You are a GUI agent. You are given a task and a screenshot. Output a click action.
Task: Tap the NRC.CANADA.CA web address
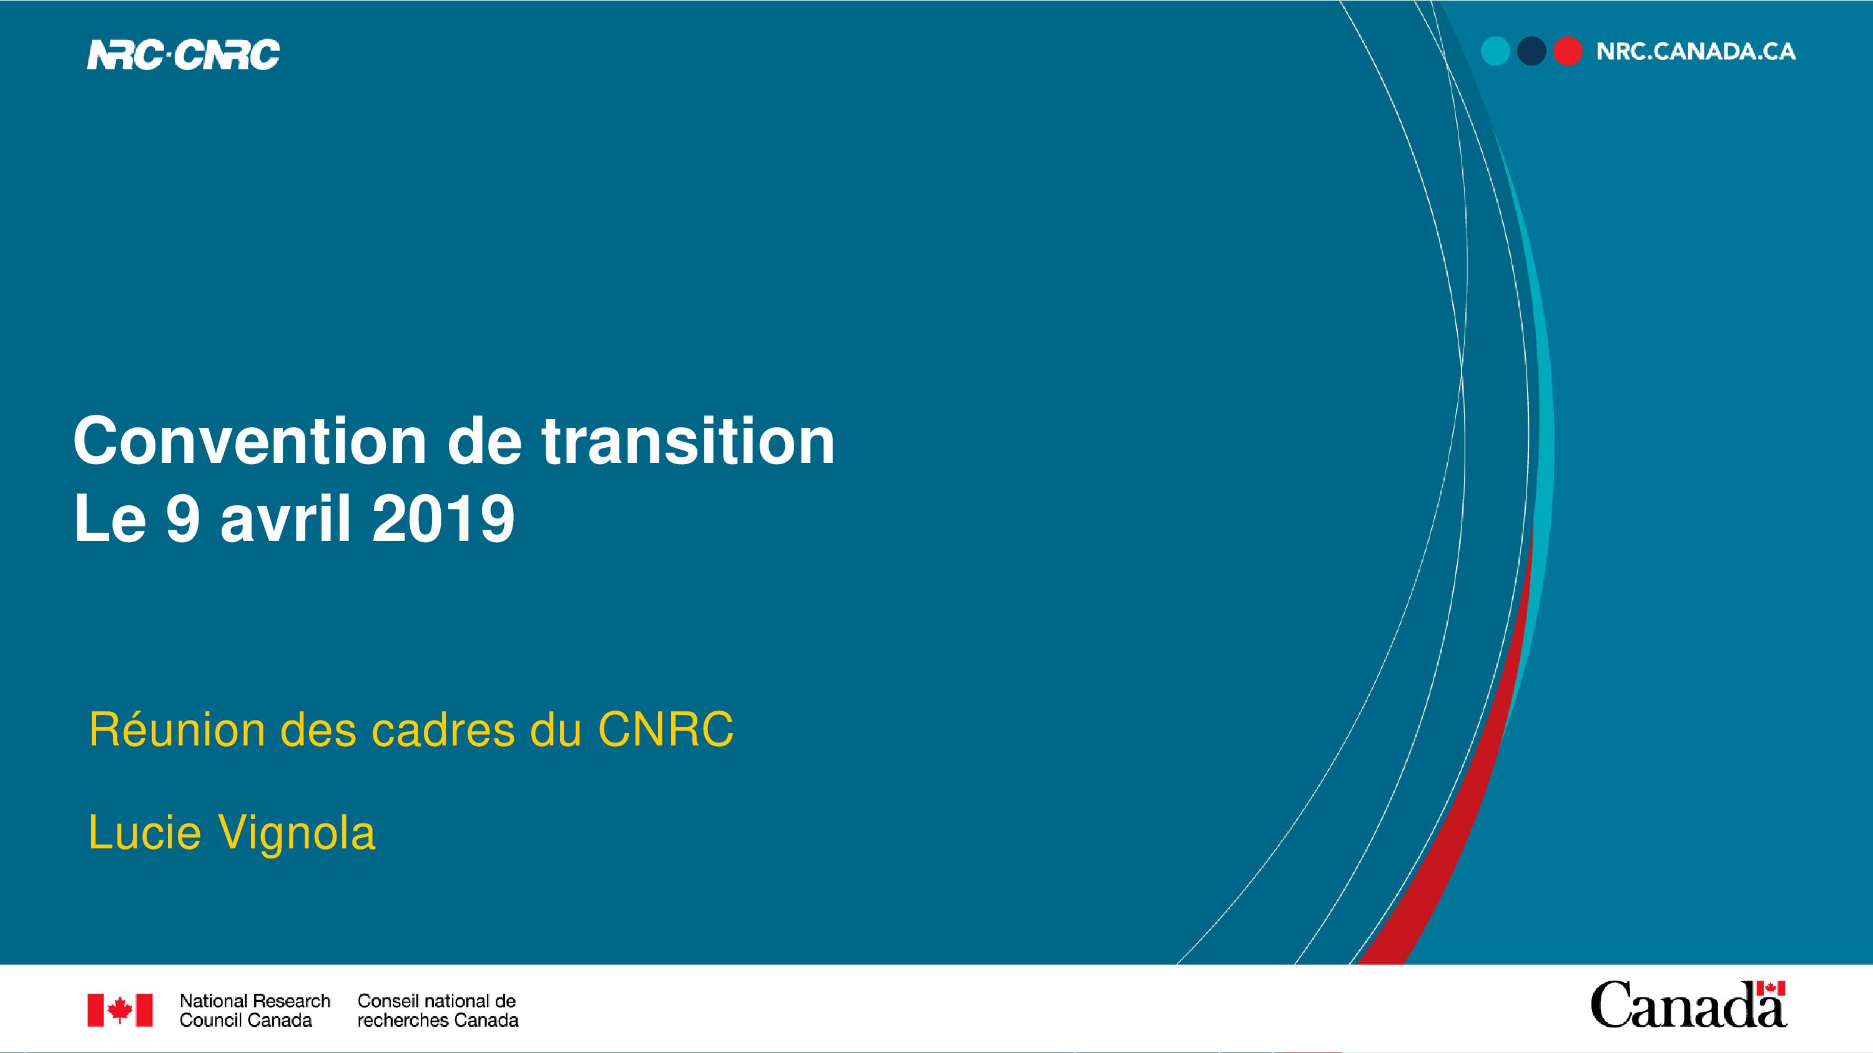pos(1696,52)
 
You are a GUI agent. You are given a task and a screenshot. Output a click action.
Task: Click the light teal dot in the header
pos(1496,52)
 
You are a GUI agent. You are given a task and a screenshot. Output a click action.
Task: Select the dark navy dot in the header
pos(1531,52)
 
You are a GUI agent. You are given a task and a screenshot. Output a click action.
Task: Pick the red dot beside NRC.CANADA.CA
pos(1568,52)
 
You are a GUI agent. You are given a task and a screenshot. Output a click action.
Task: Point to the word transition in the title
pos(688,441)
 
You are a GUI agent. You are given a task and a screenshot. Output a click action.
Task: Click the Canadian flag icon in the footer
pos(120,1010)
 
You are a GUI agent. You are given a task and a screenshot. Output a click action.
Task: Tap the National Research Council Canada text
pos(255,1010)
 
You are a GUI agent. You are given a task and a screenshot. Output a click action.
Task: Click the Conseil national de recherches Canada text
pos(438,1010)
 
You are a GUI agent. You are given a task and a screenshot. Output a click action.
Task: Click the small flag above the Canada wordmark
pos(1771,988)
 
